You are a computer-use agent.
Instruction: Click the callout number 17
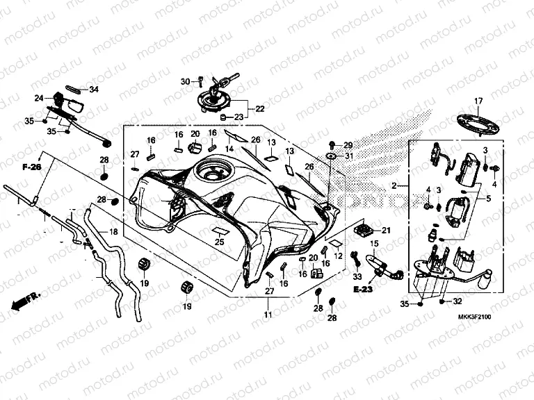478,101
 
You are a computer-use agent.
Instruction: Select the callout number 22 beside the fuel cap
259,109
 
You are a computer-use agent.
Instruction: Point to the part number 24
39,98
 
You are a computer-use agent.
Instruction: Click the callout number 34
93,90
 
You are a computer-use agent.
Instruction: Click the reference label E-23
363,288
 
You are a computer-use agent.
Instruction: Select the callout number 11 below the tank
268,315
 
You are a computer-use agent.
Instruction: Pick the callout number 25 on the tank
220,242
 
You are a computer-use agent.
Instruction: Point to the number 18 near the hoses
114,232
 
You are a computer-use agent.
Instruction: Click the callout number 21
387,231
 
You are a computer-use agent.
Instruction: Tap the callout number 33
357,276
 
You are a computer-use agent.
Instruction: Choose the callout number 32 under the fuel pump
457,302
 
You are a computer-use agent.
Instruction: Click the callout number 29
348,145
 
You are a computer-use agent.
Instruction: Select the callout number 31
348,157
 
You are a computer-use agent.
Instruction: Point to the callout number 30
186,82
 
